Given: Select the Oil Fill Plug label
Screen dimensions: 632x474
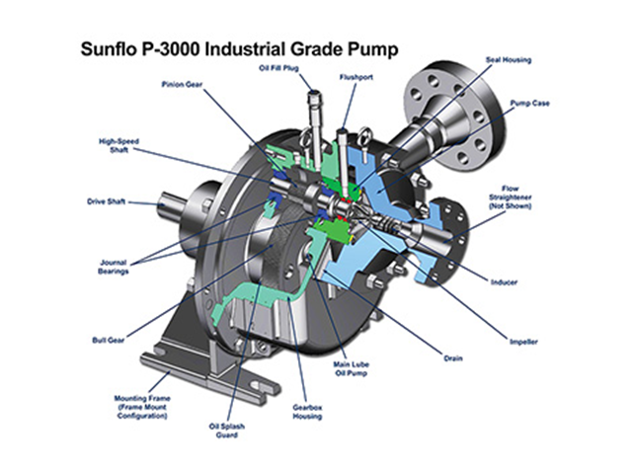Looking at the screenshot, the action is [x=278, y=68].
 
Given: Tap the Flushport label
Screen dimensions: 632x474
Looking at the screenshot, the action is [x=355, y=77].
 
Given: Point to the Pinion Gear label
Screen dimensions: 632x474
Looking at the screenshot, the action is [x=182, y=84].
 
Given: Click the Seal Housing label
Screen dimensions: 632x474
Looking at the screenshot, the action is [x=509, y=60].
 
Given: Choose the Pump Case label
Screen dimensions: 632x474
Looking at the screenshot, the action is [x=529, y=103].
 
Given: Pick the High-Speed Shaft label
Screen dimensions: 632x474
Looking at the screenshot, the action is [x=118, y=145].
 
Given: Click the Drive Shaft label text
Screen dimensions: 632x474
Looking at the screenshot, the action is [x=106, y=201].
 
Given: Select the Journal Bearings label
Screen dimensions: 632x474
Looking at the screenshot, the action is [x=114, y=267].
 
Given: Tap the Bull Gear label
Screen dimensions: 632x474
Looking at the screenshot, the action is [x=108, y=340].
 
